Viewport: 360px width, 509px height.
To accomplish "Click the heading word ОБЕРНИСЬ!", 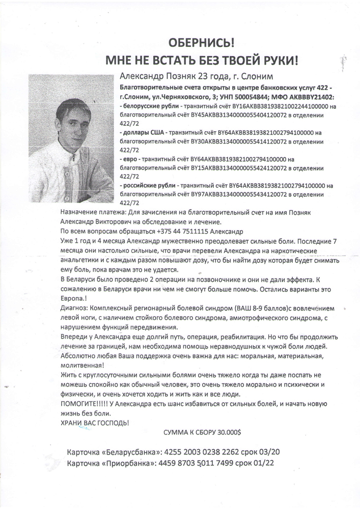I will coord(201,42).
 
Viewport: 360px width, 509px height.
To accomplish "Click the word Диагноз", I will coord(75,308).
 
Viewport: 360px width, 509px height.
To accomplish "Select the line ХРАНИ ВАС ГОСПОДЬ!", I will coord(95,423).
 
